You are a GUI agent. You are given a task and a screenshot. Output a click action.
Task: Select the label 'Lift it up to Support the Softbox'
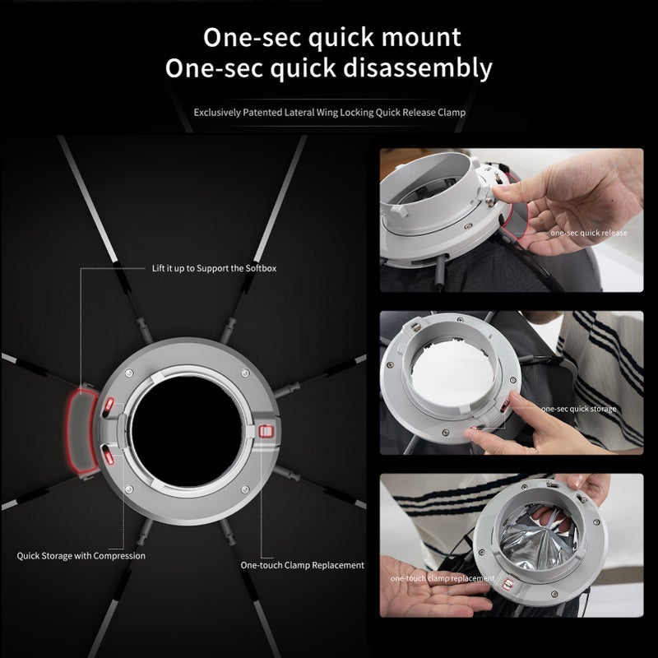(214, 268)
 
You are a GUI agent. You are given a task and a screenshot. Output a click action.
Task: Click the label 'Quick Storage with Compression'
(81, 555)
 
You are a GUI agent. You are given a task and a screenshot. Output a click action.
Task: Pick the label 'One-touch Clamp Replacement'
(302, 565)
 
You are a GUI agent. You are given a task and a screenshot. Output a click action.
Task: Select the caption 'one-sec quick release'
(589, 233)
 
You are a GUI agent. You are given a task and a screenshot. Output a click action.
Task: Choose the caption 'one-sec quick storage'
(578, 408)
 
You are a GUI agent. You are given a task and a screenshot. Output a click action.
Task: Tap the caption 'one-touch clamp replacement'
(443, 579)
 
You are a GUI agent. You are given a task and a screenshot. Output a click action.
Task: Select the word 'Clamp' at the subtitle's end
(451, 111)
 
